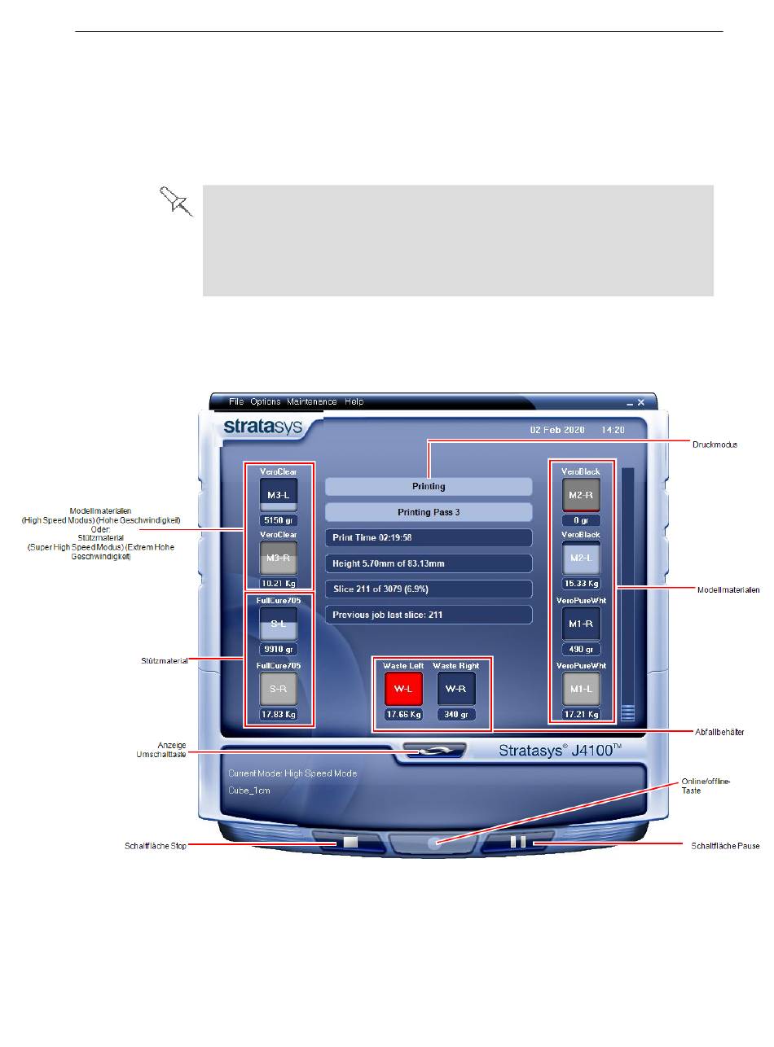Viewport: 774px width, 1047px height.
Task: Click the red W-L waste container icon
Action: pos(404,688)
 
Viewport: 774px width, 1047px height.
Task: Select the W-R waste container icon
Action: pos(456,688)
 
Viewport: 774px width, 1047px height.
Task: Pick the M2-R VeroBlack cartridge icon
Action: pos(581,494)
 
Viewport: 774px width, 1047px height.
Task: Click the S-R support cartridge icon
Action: pos(279,689)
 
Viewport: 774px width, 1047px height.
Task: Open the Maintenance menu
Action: pos(311,402)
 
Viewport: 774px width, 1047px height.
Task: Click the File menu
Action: pos(236,402)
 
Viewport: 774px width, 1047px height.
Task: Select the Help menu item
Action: pos(354,402)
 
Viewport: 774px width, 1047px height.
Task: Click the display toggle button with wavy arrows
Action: pos(433,751)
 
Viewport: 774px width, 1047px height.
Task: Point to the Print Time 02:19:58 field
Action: pos(429,538)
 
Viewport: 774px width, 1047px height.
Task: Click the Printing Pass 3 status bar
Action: pos(429,512)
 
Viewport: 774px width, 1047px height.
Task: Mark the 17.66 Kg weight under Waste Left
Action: pos(404,715)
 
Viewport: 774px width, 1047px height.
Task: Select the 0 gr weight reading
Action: pos(581,520)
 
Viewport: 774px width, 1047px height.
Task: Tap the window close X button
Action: pos(641,402)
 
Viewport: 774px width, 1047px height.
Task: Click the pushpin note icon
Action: pos(176,200)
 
